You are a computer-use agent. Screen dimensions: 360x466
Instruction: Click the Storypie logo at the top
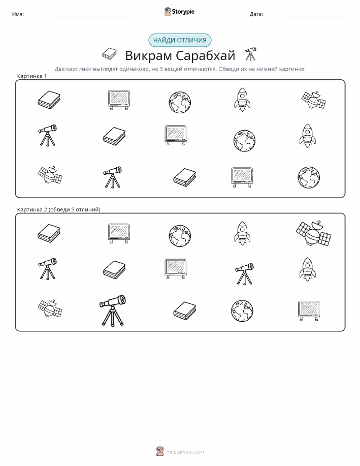click(179, 12)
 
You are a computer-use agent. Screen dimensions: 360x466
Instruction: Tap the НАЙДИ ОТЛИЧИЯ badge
click(180, 41)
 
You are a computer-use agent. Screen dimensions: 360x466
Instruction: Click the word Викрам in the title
click(148, 55)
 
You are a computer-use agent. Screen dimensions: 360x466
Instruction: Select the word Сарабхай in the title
click(205, 55)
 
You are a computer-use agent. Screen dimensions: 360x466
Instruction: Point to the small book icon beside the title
click(109, 53)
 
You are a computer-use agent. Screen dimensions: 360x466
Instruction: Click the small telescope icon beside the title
click(250, 53)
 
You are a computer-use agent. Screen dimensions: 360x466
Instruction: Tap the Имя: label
click(18, 14)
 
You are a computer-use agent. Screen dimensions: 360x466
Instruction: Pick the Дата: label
click(256, 14)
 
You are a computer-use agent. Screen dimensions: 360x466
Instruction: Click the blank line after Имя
click(90, 17)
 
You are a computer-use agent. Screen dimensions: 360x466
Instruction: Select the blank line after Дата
click(317, 17)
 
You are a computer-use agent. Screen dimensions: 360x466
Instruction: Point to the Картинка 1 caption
click(32, 76)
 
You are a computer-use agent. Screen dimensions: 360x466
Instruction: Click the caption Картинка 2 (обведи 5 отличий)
click(59, 209)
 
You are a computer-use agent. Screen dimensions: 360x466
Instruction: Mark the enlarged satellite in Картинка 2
click(313, 233)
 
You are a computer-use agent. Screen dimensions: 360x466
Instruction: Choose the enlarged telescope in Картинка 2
click(112, 310)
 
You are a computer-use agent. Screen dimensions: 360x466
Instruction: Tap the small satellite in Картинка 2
click(50, 308)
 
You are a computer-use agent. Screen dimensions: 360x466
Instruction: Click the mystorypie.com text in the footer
click(185, 452)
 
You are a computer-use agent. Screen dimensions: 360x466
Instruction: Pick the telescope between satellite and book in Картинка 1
click(112, 177)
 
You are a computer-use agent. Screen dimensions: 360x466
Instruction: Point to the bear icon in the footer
click(160, 451)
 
